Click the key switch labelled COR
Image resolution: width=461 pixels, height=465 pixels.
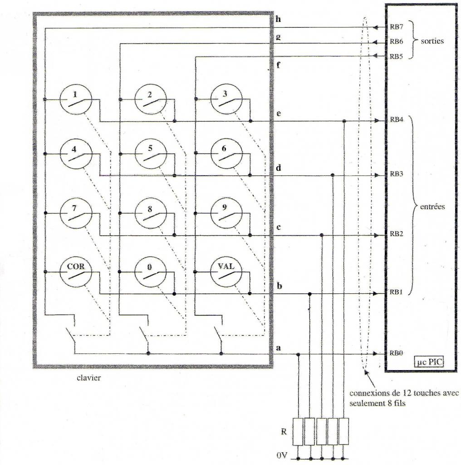tap(76, 272)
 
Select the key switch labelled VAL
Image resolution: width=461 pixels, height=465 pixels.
tap(226, 272)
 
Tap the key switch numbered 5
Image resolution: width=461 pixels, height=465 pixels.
tap(151, 154)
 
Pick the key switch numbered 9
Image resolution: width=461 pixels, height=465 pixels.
tap(226, 213)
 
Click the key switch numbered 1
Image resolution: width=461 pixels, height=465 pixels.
tap(76, 99)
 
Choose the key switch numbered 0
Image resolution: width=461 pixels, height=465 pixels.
tap(151, 272)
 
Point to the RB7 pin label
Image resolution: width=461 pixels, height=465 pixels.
tap(397, 27)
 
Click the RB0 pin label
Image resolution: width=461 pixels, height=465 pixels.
tap(396, 353)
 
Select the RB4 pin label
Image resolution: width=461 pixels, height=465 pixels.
tap(397, 119)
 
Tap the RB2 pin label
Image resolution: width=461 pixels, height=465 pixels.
tap(397, 234)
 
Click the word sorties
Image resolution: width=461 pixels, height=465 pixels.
tap(432, 41)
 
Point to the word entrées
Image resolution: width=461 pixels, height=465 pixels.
tap(432, 207)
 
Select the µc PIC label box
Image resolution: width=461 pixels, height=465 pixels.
tap(429, 362)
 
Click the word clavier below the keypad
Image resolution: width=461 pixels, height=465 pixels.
tap(88, 378)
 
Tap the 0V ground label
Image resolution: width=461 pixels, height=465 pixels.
tap(282, 455)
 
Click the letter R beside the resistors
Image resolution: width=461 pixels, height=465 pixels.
tap(284, 431)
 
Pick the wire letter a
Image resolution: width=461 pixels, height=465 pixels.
tap(278, 347)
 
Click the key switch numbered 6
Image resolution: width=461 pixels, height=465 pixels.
tap(226, 154)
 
